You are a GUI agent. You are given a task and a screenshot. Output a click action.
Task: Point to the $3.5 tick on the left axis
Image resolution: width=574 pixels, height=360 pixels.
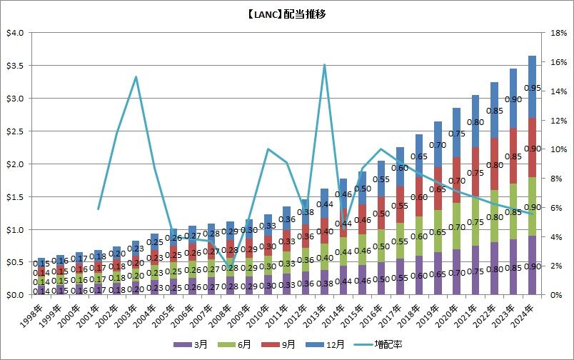click(x=14, y=66)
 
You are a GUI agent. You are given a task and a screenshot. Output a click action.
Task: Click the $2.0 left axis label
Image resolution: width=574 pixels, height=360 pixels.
click(x=14, y=164)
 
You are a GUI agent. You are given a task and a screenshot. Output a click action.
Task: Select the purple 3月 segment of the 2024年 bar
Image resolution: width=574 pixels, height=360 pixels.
click(x=533, y=265)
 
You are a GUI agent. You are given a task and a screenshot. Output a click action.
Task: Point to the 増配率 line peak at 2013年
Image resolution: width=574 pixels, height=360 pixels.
click(x=324, y=65)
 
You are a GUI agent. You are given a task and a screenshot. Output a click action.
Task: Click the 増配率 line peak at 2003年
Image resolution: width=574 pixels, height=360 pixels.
click(x=136, y=76)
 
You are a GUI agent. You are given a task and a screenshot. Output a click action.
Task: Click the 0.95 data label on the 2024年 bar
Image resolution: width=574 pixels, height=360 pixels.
click(x=533, y=88)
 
